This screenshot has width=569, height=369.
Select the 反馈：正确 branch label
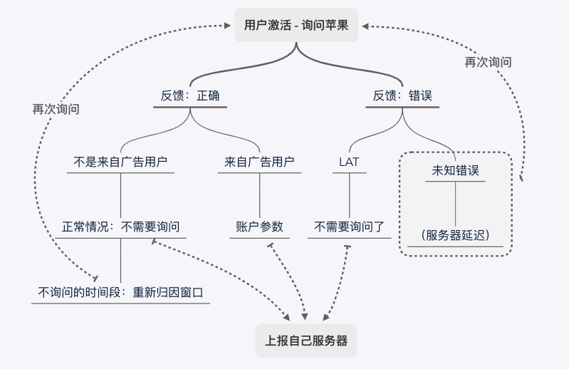tap(189, 95)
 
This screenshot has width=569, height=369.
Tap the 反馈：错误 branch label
tap(402, 95)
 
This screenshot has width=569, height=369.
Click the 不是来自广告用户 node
tap(120, 162)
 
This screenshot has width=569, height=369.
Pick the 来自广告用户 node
tap(259, 162)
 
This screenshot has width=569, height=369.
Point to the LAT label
tap(349, 162)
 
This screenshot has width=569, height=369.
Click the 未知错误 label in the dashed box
tap(455, 171)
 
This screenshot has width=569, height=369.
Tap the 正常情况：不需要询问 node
tap(120, 227)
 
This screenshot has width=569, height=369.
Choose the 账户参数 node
tap(259, 227)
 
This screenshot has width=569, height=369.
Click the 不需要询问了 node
tap(349, 227)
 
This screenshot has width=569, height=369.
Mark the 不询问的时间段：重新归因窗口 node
tap(120, 292)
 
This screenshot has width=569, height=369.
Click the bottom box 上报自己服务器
tap(306, 341)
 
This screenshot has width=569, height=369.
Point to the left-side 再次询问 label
tap(56, 109)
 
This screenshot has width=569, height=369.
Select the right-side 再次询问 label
tap(488, 62)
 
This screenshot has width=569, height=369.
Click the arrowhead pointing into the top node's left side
tap(229, 26)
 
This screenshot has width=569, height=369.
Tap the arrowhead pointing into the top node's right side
tap(365, 26)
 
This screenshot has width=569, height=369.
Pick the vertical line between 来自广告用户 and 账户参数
tap(259, 194)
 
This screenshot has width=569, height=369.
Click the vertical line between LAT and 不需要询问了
tap(349, 194)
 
